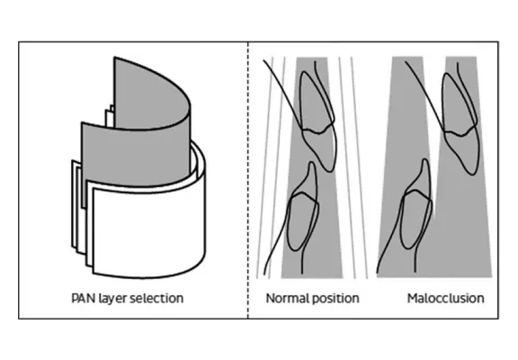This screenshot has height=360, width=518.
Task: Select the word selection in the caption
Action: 156,298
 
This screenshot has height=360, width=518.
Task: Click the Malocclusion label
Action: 446,298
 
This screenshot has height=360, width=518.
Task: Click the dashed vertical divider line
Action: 248,180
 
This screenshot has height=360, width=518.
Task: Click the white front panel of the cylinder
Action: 148,231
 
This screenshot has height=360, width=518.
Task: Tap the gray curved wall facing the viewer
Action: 136,156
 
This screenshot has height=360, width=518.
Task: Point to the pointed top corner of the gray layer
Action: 114,58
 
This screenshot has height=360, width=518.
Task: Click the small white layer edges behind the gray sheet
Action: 110,116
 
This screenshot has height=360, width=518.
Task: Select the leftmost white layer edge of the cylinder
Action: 74,204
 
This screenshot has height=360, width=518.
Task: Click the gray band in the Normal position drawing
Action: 312,167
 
